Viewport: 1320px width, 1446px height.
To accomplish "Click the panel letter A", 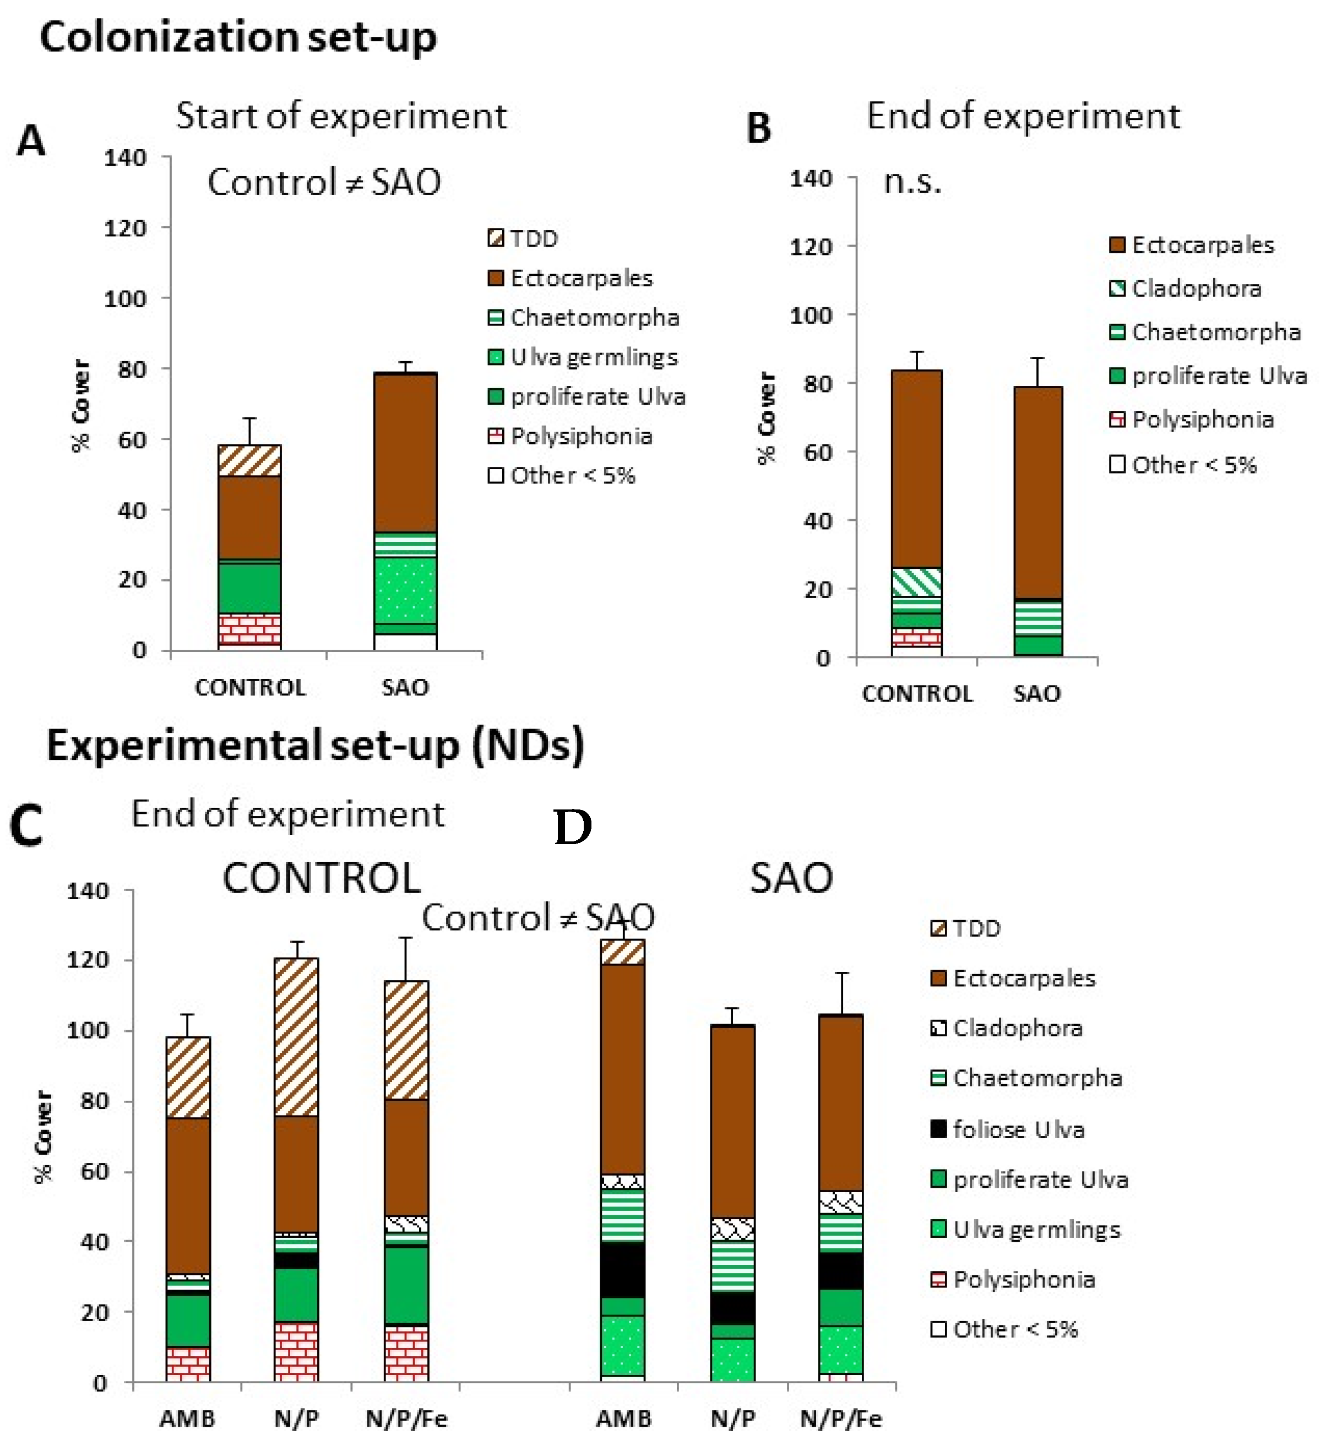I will [31, 140].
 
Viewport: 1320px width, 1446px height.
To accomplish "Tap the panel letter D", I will [573, 828].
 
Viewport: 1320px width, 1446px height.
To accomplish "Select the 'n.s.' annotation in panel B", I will [912, 182].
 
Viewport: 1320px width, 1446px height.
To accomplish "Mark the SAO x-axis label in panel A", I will [405, 688].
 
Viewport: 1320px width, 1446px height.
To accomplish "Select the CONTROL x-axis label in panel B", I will [917, 694].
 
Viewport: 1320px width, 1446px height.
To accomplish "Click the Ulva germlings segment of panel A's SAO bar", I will [405, 590].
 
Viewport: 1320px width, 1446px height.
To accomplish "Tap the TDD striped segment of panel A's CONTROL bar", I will [249, 460].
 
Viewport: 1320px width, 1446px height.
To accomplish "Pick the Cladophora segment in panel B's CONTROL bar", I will [916, 581].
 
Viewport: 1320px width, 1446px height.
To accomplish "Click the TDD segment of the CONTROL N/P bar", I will [296, 1037].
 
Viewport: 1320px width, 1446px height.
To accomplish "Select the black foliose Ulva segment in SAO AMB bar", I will [622, 1270].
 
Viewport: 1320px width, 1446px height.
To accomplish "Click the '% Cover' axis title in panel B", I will [766, 418].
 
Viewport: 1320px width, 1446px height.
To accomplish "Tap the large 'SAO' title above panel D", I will [791, 878].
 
